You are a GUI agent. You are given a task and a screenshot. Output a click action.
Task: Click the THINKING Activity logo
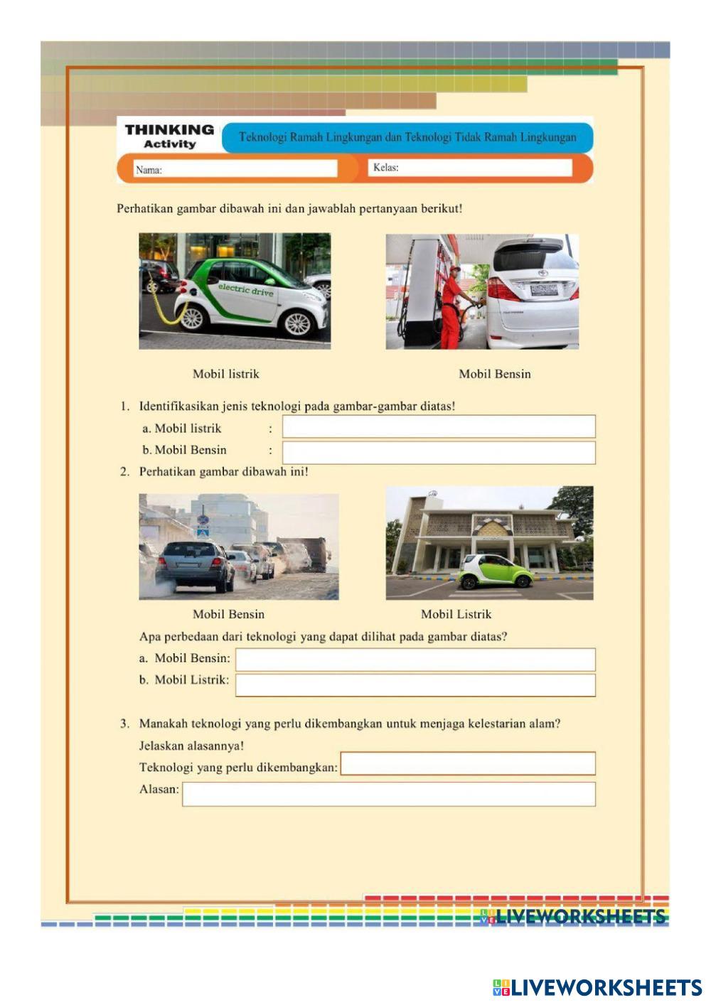pos(169,136)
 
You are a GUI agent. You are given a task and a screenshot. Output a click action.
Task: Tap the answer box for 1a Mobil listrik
pos(439,426)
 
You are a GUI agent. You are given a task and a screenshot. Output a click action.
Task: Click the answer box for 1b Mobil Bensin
pos(439,453)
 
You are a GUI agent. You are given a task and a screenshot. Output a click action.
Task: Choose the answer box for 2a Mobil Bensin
pos(415,660)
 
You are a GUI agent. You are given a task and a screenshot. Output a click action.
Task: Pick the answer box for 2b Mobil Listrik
pos(415,685)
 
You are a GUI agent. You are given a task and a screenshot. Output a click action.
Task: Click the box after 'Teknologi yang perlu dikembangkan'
pos(468,764)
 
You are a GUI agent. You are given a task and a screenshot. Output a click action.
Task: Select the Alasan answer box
pos(388,795)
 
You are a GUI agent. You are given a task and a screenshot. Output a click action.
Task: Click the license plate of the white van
pos(544,289)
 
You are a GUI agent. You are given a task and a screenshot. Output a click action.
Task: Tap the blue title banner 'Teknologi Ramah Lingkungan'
pos(407,137)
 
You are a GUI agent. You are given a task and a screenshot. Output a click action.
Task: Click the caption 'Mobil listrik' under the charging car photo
pos(226,374)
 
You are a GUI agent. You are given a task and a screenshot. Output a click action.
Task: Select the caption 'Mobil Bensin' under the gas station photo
pos(495,374)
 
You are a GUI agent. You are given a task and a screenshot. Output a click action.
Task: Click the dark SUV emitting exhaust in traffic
pos(194,566)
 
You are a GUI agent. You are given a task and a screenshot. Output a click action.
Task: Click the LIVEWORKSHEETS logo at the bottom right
pos(597,987)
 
